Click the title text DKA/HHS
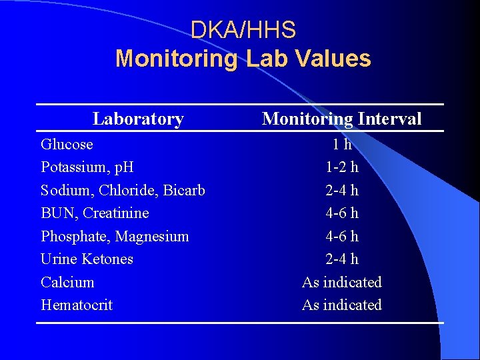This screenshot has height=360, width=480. click(243, 30)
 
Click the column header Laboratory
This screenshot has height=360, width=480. click(138, 119)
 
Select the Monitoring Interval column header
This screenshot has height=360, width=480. click(341, 119)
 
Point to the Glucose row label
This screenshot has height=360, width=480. click(67, 144)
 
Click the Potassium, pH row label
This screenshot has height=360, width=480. click(87, 167)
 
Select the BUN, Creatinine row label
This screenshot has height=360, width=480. click(95, 213)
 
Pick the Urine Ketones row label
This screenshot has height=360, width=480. click(87, 259)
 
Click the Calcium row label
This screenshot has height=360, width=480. click(67, 282)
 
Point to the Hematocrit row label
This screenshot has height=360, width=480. click(77, 305)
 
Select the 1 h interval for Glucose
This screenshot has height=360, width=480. click(342, 144)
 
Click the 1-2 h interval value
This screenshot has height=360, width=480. click(342, 167)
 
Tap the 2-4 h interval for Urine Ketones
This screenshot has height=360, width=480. click(342, 259)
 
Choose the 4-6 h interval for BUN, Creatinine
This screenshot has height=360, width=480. click(342, 213)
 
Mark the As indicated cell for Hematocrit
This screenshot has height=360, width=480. click(342, 305)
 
